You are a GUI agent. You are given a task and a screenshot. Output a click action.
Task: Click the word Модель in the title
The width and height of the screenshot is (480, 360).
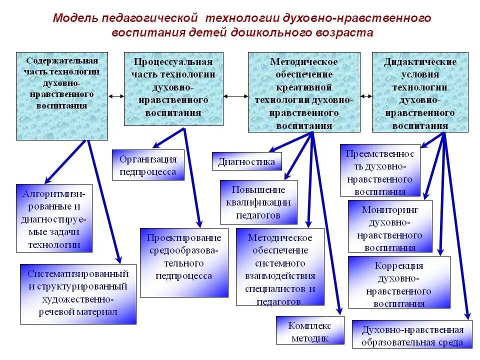(x=75, y=19)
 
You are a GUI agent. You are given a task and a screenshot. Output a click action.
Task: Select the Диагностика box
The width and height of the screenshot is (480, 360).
(x=246, y=161)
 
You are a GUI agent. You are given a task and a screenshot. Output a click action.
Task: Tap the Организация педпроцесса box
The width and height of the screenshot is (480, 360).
(x=148, y=165)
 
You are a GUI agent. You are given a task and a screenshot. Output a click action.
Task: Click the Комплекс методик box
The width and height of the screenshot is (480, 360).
(x=310, y=331)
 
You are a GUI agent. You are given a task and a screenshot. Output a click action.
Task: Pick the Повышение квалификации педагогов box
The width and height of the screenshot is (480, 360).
(x=258, y=202)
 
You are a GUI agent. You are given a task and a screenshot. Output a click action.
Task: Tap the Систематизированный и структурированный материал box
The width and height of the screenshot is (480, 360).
(x=78, y=293)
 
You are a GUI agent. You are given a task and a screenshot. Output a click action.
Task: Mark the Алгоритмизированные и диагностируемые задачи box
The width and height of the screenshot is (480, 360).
(x=54, y=218)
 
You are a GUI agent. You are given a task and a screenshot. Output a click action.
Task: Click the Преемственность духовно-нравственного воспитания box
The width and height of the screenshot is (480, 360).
(x=379, y=170)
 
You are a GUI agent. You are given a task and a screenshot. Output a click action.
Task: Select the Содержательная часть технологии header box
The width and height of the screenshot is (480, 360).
(x=62, y=95)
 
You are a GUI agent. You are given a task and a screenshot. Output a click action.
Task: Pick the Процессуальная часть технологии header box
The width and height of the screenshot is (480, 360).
(x=173, y=88)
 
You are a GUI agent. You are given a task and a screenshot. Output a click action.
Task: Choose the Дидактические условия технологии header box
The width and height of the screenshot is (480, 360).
(x=420, y=92)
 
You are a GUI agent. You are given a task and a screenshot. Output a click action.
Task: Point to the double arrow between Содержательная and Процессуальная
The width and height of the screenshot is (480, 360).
(x=116, y=96)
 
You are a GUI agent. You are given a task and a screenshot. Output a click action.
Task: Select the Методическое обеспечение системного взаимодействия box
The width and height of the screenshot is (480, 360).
(x=279, y=266)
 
